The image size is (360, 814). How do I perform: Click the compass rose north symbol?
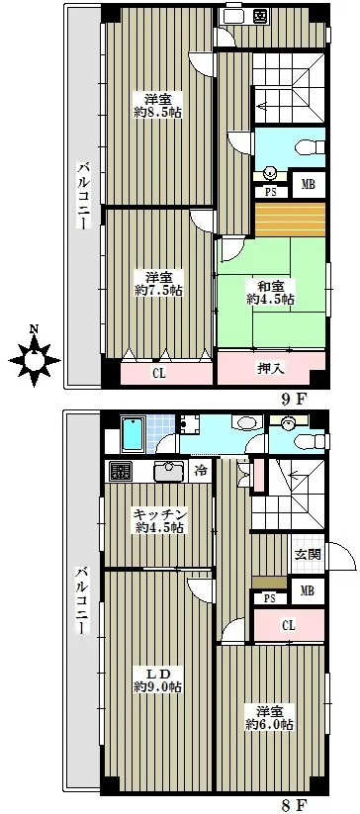pos(35,357)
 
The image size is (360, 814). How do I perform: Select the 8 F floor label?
pos(293,805)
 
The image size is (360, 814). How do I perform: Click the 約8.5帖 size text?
pos(157,112)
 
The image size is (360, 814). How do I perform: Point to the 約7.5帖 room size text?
pos(158,291)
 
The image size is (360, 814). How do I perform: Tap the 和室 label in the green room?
pos(271,286)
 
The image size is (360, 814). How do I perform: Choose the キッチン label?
pos(159,514)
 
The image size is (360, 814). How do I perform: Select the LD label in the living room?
pos(158,674)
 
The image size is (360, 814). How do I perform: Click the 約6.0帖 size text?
pos(270,725)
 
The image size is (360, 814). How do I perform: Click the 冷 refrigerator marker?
pos(201,472)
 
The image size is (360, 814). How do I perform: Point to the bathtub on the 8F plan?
pos(134,435)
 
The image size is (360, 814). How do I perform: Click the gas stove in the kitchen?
pos(123,472)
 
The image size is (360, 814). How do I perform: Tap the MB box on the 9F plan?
pos(309,184)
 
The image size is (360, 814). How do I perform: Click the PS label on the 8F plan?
pos(269,598)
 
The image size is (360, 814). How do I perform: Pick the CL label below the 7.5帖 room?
pos(159,373)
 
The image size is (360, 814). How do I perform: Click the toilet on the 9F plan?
pos(309,147)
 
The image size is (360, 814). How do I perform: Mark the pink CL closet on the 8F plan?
pos(289,625)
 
